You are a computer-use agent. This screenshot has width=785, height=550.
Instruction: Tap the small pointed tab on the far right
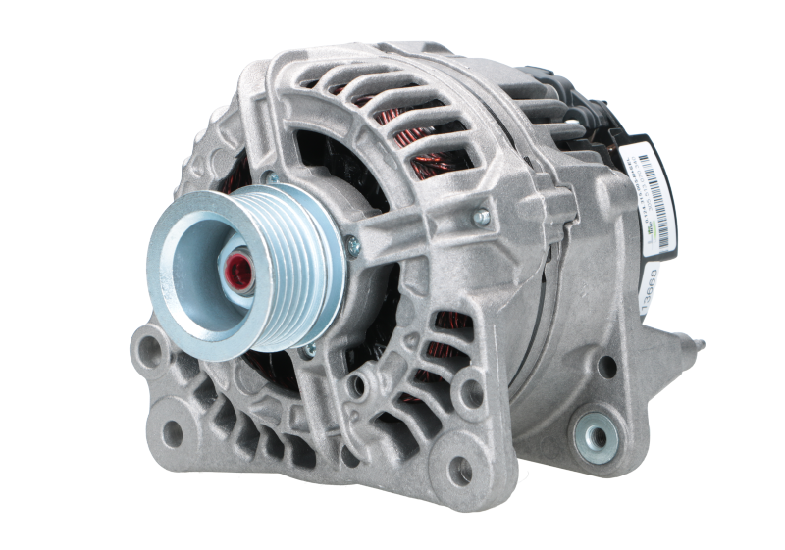tap(699, 342)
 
